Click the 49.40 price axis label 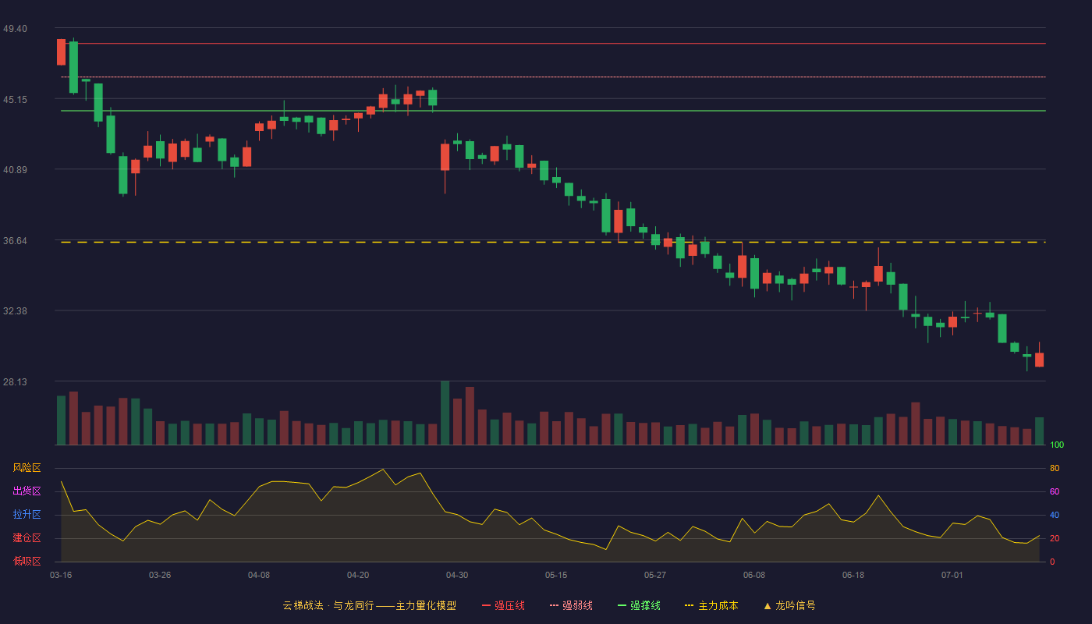point(15,29)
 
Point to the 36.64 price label point(15,241)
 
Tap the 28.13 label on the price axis point(15,381)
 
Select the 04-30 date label point(457,576)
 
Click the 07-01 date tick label point(952,576)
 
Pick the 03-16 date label point(61,576)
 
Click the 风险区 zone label point(27,468)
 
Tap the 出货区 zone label point(27,491)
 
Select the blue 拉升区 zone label point(27,514)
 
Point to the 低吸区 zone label point(27,561)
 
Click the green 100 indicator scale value point(1057,445)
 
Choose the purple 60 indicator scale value point(1055,491)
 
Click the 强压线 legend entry point(503,605)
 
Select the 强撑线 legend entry point(639,605)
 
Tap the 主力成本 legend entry point(711,605)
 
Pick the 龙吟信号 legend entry point(789,605)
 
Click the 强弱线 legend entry point(571,605)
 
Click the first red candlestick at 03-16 point(61,51)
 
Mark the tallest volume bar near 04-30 point(445,413)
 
